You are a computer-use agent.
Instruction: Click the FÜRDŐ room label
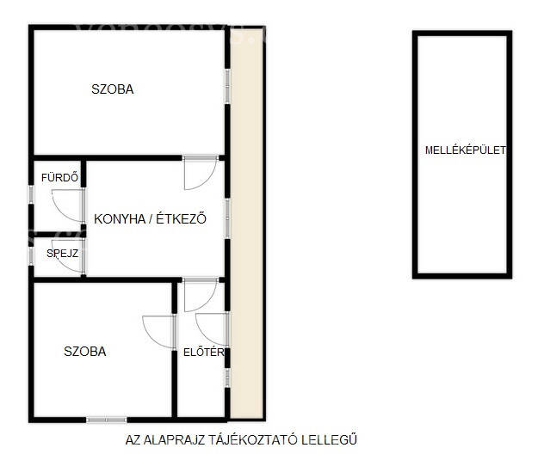point(59,177)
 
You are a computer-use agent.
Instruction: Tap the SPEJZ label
point(63,254)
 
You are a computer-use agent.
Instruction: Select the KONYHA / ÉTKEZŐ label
point(151,218)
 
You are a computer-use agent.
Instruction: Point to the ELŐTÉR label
point(203,352)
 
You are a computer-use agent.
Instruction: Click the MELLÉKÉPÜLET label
point(465,150)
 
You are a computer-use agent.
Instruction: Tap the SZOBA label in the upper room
point(113,89)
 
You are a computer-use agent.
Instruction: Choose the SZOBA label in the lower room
point(85,352)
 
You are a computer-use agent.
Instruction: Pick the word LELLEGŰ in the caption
point(329,439)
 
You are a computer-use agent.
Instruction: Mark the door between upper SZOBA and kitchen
point(201,173)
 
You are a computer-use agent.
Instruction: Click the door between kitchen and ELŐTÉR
point(201,295)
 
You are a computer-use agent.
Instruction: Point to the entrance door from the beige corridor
point(212,329)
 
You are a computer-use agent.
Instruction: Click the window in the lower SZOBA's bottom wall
point(107,420)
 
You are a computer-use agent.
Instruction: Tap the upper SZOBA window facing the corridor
point(227,86)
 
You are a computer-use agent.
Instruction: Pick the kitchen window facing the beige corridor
point(227,218)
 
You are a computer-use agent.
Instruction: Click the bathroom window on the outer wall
point(31,194)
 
